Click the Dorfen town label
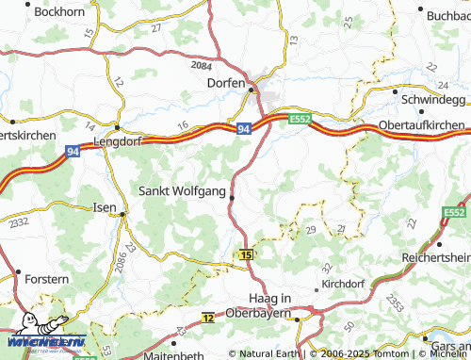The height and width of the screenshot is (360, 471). coord(226,83)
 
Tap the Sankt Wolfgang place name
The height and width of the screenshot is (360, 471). coord(182,191)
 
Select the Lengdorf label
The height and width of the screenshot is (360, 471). coord(118,142)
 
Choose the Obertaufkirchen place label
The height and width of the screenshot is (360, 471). coord(421,125)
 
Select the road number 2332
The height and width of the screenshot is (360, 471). coord(20,221)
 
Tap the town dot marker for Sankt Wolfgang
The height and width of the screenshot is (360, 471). coord(232,197)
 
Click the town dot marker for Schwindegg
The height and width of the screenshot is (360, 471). coord(393,92)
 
